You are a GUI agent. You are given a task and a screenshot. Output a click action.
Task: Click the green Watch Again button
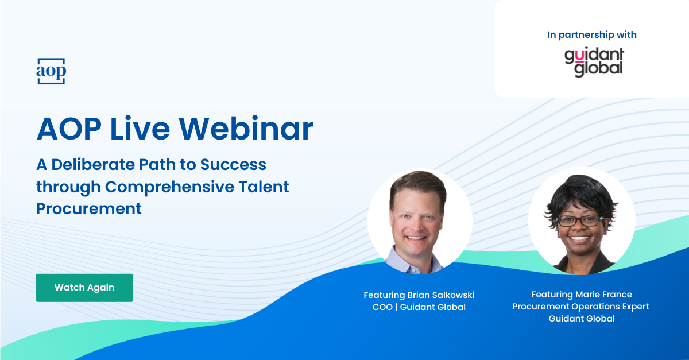(x=84, y=288)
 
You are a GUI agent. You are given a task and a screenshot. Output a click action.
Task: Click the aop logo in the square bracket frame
(x=51, y=71)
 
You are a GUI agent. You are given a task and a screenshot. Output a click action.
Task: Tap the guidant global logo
(x=594, y=61)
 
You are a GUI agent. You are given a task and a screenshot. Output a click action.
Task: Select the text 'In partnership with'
(x=592, y=35)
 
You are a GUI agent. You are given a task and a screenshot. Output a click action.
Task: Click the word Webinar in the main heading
(x=246, y=129)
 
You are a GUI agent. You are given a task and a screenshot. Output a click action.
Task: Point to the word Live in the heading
(x=140, y=129)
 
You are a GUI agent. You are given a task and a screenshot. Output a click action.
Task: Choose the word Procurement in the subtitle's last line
(x=89, y=208)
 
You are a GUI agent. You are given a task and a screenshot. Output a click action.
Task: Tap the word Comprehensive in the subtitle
(x=169, y=187)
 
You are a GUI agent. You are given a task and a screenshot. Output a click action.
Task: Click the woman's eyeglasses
(x=579, y=220)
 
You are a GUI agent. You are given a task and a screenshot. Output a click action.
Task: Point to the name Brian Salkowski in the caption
(x=440, y=295)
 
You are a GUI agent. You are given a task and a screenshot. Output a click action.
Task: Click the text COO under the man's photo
(x=382, y=307)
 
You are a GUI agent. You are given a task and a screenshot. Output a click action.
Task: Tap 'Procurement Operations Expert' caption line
(x=580, y=307)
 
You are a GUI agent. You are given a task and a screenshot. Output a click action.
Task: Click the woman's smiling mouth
(x=579, y=238)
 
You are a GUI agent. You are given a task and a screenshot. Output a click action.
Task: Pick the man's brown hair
(x=419, y=185)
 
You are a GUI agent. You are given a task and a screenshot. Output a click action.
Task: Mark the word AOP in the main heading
(x=69, y=129)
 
